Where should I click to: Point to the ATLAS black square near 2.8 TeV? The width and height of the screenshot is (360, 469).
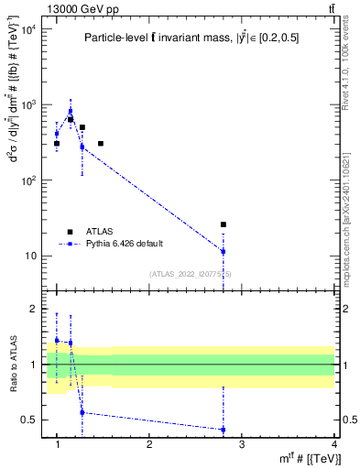pos(223,224)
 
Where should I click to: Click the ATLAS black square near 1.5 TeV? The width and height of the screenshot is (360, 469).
pos(101,144)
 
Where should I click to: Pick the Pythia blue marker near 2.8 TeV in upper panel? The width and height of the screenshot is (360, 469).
pos(223,251)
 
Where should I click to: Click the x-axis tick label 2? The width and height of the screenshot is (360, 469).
pos(149,444)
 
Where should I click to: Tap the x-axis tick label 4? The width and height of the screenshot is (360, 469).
pos(333,444)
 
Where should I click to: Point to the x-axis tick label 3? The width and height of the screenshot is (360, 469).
pos(241,444)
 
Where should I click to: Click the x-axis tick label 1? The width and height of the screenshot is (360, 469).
pos(57,444)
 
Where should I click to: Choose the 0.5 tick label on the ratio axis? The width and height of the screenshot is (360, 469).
pos(29,420)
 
